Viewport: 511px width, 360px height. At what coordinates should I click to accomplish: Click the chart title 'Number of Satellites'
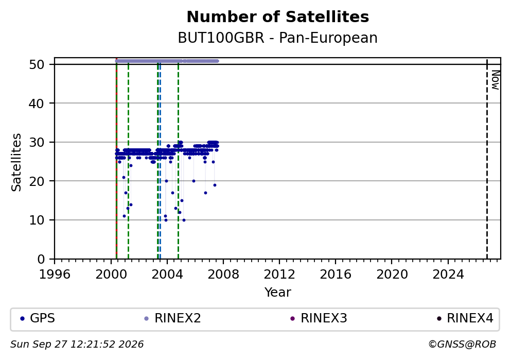pyautogui.click(x=278, y=17)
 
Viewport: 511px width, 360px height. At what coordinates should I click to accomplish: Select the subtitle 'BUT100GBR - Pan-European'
pyautogui.click(x=278, y=38)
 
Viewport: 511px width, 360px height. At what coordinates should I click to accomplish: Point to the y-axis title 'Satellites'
pyautogui.click(x=16, y=162)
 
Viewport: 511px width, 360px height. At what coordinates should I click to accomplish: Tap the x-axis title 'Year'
pyautogui.click(x=278, y=292)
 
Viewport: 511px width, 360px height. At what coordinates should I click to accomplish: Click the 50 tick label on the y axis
pyautogui.click(x=37, y=64)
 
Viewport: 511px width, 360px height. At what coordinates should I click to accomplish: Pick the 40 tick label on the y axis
pyautogui.click(x=37, y=104)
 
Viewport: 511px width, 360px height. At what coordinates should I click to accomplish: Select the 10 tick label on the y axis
pyautogui.click(x=37, y=220)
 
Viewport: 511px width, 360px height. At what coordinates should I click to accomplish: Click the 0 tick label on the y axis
pyautogui.click(x=41, y=259)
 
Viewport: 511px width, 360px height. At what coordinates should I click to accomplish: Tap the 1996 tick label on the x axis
pyautogui.click(x=55, y=275)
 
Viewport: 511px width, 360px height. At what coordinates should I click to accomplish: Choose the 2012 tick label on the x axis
pyautogui.click(x=279, y=275)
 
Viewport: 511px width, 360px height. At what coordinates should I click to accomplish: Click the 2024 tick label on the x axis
pyautogui.click(x=448, y=275)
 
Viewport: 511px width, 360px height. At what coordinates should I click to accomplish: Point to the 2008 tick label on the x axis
pyautogui.click(x=223, y=275)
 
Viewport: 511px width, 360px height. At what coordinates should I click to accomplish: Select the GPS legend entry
pyautogui.click(x=37, y=318)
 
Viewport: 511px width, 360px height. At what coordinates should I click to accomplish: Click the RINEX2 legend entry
pyautogui.click(x=173, y=318)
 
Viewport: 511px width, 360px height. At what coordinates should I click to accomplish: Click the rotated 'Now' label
pyautogui.click(x=496, y=80)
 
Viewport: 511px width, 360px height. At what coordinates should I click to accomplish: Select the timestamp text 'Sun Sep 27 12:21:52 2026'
pyautogui.click(x=77, y=345)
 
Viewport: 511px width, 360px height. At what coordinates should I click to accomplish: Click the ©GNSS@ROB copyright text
pyautogui.click(x=462, y=345)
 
